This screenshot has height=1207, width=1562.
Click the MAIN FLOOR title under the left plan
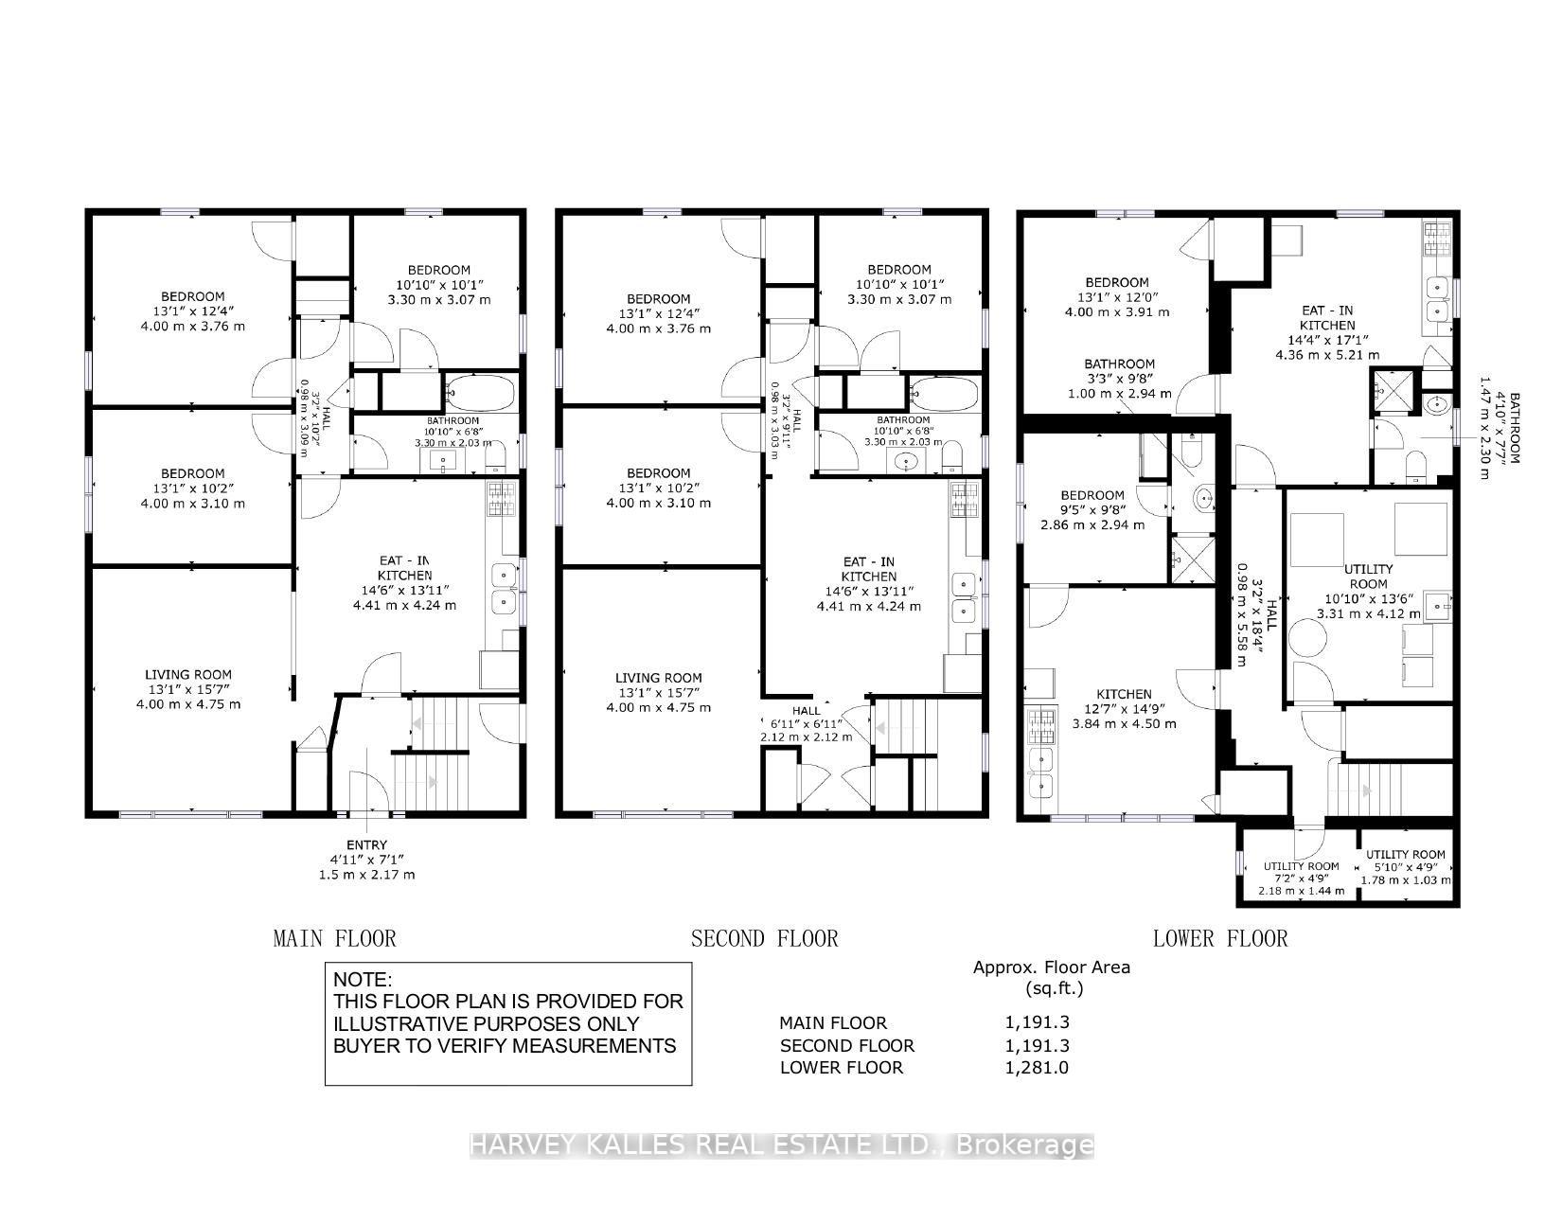(x=334, y=938)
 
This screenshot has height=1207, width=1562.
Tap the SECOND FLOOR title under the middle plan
(x=764, y=938)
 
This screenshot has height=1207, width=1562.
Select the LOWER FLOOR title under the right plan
(x=1219, y=938)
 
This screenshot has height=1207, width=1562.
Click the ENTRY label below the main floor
(x=366, y=845)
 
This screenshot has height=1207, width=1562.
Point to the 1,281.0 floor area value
(x=1037, y=1068)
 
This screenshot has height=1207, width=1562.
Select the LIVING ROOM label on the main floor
(x=187, y=675)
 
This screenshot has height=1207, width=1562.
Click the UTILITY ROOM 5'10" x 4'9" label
(x=1405, y=855)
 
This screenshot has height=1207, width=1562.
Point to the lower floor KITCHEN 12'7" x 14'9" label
(x=1124, y=695)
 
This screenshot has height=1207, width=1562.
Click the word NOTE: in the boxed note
(x=363, y=980)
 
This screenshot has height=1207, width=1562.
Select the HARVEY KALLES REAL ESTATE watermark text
(x=781, y=1145)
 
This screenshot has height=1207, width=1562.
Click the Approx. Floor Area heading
(x=1051, y=967)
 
